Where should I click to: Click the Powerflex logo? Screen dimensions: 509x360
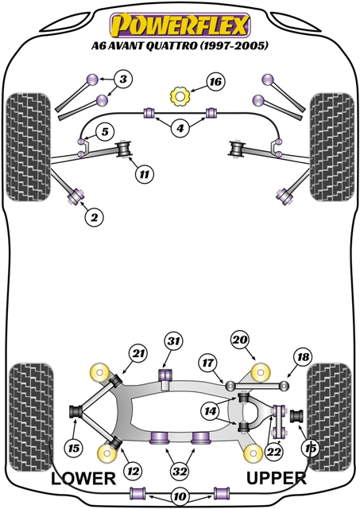click(180, 23)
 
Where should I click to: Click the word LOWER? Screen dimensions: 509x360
click(85, 478)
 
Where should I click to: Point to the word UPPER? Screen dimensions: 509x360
click(276, 478)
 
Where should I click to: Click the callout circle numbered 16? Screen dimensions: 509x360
click(215, 82)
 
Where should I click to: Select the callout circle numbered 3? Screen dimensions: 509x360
click(123, 79)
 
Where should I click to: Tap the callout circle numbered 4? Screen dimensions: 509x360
click(180, 128)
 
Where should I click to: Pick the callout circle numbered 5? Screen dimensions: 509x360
click(104, 131)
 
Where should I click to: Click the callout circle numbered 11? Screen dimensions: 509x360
click(143, 173)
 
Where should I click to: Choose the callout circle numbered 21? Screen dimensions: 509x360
click(138, 354)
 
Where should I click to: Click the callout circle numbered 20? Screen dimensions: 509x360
click(240, 340)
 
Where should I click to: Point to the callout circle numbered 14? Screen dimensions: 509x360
click(211, 411)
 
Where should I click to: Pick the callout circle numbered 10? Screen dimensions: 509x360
click(180, 497)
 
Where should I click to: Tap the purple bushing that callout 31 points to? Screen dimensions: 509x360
click(167, 374)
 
